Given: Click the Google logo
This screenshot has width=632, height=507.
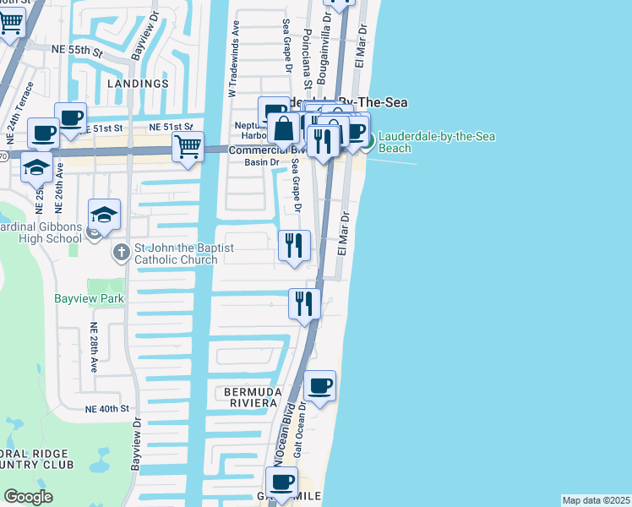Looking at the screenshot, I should (28, 497).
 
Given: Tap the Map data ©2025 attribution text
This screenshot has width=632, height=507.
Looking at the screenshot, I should (596, 500).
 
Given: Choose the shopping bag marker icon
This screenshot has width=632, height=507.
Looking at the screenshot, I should (285, 129).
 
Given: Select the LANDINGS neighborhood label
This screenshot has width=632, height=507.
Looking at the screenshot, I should (138, 84).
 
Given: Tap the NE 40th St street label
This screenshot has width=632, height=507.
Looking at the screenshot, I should (106, 408).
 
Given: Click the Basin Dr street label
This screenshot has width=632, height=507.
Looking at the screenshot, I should (261, 162).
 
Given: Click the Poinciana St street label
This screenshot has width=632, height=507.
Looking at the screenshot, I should (308, 60).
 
